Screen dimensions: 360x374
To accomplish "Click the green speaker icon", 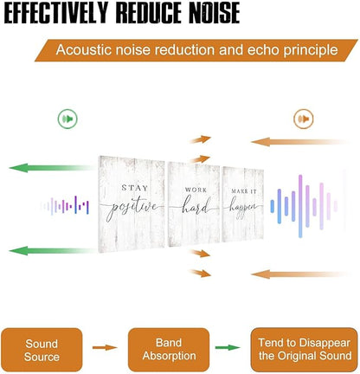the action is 67,119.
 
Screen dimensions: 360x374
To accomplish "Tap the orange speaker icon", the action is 304,119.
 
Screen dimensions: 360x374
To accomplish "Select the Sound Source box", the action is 42,350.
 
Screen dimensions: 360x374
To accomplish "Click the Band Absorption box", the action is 169,350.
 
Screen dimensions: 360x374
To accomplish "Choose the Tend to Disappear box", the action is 305,350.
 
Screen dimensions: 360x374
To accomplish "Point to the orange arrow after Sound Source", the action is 105,347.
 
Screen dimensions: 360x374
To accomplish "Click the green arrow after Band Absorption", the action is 228,347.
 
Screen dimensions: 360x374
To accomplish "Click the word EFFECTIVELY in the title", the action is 56,13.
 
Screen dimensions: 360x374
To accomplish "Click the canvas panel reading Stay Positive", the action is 132,204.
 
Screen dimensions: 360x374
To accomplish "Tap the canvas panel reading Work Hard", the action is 194,204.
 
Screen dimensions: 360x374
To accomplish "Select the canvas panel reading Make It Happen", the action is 243,204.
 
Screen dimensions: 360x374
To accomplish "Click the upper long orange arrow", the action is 300,142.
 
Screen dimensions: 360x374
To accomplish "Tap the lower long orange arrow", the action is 300,274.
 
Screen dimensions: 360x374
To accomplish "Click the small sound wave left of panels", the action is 66,206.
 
